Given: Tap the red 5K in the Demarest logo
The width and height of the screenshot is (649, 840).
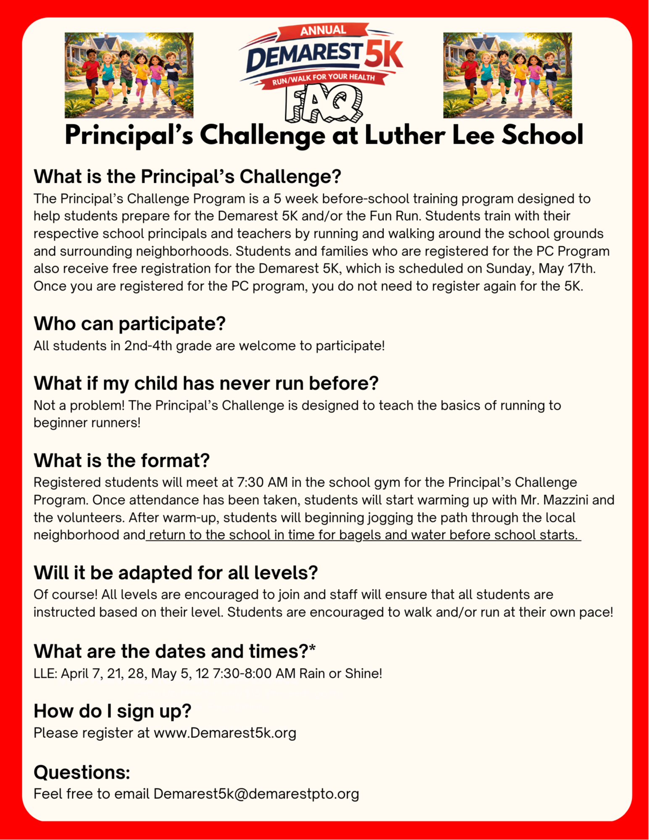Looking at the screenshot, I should tap(383, 54).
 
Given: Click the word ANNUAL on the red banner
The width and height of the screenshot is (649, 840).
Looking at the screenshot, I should tap(323, 30).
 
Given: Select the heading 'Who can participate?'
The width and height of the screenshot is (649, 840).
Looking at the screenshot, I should tap(129, 324).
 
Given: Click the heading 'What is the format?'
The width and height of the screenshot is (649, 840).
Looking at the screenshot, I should tap(121, 461).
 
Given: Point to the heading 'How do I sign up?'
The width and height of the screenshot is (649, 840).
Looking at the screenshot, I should tap(112, 711).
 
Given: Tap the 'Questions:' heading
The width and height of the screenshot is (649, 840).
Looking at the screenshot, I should tap(82, 772).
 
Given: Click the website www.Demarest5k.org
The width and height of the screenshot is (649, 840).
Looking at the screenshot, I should tap(225, 733).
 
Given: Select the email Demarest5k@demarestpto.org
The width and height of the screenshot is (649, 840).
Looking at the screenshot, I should tap(256, 794).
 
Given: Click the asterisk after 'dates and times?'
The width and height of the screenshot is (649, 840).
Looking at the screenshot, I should tap(312, 649).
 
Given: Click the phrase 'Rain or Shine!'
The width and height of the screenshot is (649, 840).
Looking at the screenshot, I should tap(340, 674).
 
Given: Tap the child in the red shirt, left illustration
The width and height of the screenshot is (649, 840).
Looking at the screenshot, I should tap(92, 71).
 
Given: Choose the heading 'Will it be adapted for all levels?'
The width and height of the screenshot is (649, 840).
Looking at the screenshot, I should tap(176, 573).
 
